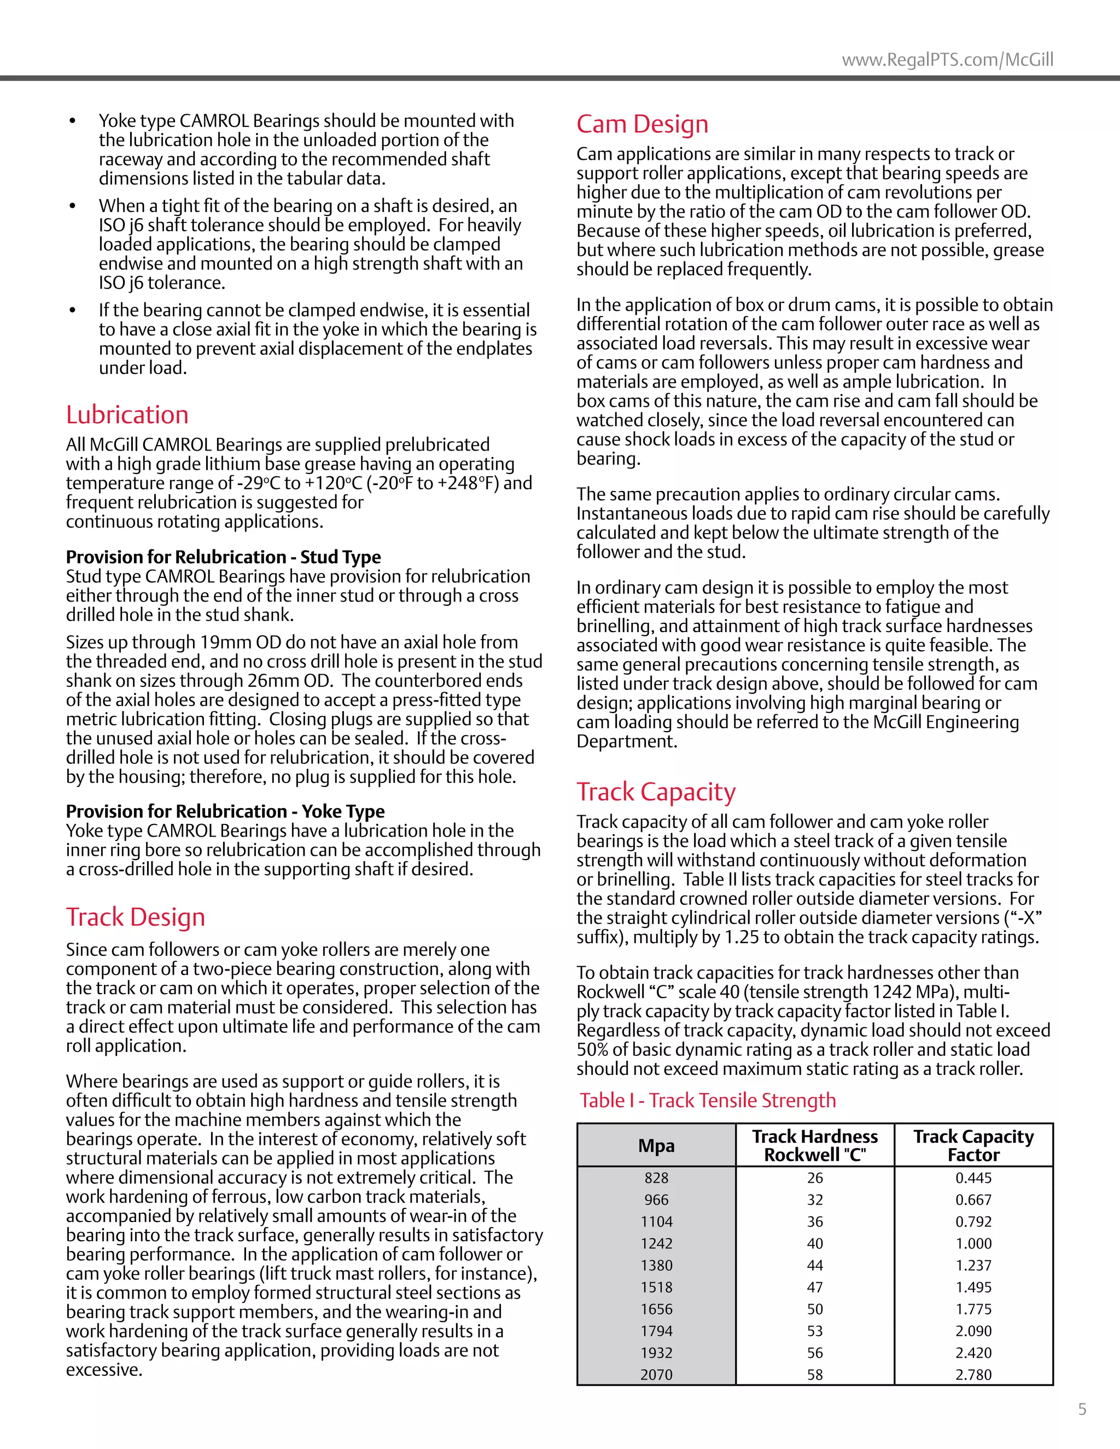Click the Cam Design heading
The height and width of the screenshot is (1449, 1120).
point(641,124)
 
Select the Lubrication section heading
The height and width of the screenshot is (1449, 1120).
point(127,414)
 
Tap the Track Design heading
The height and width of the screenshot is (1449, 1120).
point(136,917)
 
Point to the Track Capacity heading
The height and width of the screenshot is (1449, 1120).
point(656,792)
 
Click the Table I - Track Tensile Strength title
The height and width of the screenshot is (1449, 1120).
point(707,1100)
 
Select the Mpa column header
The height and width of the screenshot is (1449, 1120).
point(656,1146)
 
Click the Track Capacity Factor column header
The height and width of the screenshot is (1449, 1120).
point(973,1146)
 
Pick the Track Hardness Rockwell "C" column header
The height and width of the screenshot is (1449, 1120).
point(815,1146)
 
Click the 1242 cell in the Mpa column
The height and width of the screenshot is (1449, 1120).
point(656,1243)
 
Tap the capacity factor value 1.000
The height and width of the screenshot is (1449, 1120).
point(973,1243)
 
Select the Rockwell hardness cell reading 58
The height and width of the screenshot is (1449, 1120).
point(815,1375)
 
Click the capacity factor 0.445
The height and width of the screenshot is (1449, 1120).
point(973,1178)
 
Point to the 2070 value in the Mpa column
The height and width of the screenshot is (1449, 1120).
point(656,1375)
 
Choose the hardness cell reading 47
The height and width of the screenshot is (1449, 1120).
point(815,1287)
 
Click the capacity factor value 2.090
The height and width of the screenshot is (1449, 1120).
point(973,1331)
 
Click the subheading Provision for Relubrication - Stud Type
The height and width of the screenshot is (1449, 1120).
point(223,557)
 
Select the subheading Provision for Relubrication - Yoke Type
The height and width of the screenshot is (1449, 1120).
point(225,811)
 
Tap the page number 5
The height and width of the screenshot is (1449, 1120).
point(1082,1409)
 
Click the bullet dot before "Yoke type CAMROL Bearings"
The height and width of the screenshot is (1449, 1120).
point(72,121)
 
